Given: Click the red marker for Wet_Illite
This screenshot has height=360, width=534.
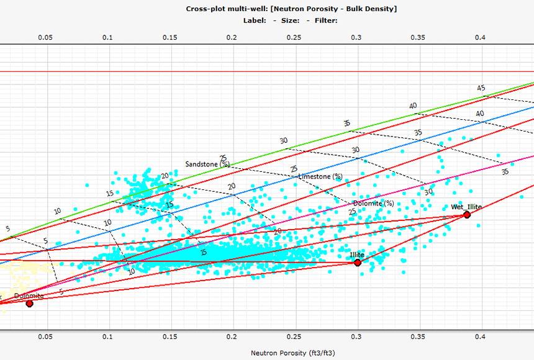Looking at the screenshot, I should (x=467, y=215).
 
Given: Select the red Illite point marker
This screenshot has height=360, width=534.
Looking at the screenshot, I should (x=357, y=263).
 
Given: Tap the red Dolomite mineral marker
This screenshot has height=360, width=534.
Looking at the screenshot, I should (x=29, y=304).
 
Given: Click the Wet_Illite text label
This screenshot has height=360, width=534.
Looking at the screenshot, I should (x=466, y=207).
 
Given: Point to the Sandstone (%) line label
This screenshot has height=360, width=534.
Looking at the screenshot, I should (x=207, y=164).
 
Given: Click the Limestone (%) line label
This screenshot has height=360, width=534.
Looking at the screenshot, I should (x=320, y=176).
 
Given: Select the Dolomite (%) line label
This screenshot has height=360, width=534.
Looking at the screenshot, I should (x=373, y=203).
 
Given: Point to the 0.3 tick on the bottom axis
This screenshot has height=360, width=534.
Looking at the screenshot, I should (x=356, y=337).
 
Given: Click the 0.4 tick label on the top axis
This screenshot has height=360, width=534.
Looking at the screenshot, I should (x=481, y=38).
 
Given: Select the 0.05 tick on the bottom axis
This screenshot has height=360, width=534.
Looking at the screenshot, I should (x=45, y=337).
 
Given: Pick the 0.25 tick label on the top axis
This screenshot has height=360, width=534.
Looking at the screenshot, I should (x=294, y=38).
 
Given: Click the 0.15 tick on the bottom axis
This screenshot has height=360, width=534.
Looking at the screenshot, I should (x=170, y=337).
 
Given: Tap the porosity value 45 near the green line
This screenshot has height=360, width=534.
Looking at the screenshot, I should (x=481, y=88).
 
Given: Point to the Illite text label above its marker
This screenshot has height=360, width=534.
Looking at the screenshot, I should (x=357, y=255).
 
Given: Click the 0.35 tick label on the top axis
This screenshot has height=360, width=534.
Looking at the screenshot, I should (x=419, y=38).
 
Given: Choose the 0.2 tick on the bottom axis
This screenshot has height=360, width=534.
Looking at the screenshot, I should (x=232, y=337).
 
